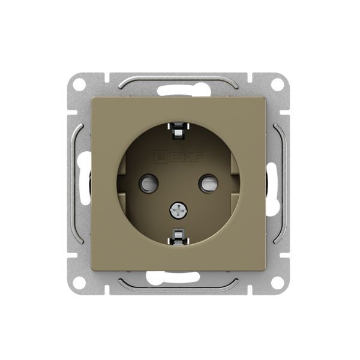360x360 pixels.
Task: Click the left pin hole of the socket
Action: [149, 183]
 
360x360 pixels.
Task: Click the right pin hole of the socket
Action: [208, 183]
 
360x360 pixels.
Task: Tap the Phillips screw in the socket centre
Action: [178, 210]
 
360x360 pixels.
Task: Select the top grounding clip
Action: [178, 131]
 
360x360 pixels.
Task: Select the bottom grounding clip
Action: [178, 236]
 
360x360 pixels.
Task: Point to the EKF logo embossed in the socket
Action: [178, 157]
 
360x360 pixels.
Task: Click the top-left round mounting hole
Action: [79, 83]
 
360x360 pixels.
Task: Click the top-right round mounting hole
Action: [278, 83]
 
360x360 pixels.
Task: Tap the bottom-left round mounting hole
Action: [79, 283]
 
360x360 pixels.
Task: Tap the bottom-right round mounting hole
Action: [278, 283]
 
